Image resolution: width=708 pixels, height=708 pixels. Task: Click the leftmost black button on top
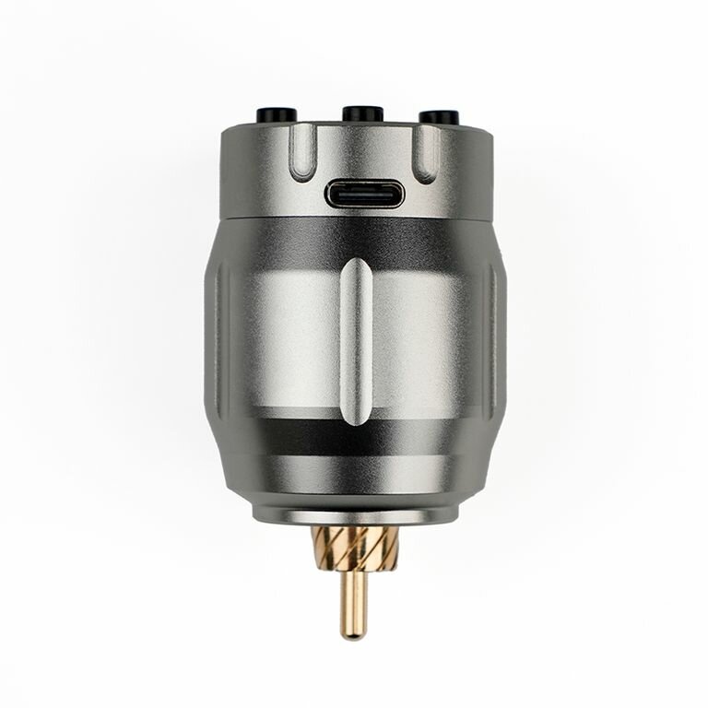276,115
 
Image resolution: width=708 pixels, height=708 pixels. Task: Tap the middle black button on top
362,113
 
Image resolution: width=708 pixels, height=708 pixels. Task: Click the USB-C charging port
364,195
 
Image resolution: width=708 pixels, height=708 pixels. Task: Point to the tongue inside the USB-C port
364,195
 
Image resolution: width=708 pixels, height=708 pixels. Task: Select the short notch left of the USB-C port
301,153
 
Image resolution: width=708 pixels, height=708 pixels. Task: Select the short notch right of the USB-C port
425,153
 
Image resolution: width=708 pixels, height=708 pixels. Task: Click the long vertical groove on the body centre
356,341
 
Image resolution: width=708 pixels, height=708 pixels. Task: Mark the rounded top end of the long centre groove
356,267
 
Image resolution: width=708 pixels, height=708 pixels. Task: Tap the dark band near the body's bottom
277,440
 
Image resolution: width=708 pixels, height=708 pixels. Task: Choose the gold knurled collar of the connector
355,549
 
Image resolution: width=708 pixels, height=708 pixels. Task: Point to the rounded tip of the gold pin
354,634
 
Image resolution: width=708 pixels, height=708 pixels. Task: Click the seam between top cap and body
277,218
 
